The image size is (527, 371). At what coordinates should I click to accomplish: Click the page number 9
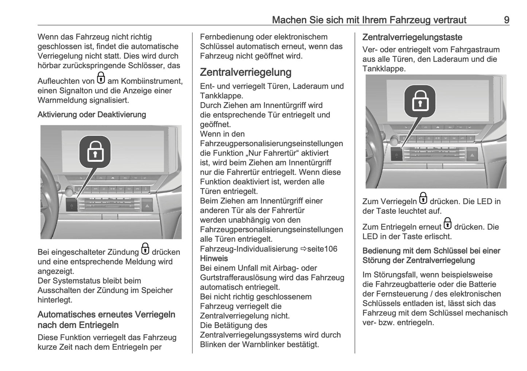[506, 20]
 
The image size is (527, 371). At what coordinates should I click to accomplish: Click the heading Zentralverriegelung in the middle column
[245, 72]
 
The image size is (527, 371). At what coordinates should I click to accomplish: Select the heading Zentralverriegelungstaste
[412, 37]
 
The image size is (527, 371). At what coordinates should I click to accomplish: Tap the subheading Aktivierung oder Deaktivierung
[92, 114]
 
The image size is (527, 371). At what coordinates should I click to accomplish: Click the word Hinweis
[214, 258]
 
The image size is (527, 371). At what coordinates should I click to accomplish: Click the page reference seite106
[322, 249]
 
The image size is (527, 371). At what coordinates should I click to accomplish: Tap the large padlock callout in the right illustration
[420, 101]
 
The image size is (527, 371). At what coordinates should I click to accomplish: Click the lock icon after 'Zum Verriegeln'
[423, 199]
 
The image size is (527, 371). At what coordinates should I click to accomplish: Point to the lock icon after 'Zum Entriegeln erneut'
[447, 224]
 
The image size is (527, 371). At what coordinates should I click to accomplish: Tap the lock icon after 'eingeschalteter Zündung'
[145, 249]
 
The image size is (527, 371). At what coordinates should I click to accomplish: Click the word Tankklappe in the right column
[384, 69]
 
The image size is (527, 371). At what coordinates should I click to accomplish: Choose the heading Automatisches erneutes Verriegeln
[106, 315]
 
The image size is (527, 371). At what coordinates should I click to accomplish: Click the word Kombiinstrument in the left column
[152, 81]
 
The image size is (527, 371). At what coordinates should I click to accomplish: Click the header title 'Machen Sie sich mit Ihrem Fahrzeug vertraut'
[369, 20]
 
